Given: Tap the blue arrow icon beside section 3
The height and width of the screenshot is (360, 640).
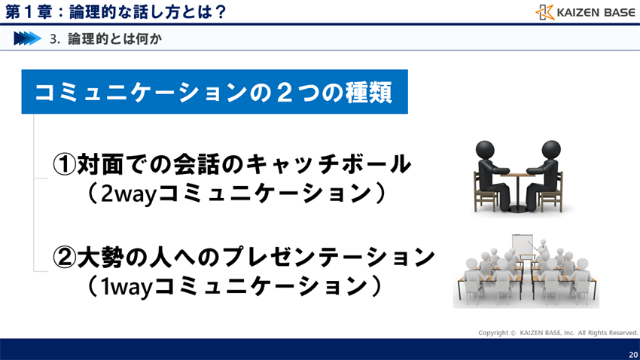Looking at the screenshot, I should [26, 38].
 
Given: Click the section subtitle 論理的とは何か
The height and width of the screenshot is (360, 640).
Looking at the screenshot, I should [114, 38].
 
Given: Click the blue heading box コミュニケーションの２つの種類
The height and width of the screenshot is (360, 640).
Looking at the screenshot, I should [215, 92].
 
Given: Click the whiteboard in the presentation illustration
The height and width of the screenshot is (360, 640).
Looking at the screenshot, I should [522, 245].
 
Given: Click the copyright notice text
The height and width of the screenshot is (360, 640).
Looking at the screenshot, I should [558, 332].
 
